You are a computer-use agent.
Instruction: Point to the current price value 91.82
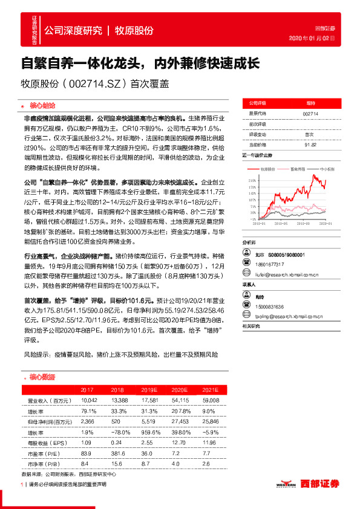coord(310,145)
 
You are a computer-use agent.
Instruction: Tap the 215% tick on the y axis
coord(251,180)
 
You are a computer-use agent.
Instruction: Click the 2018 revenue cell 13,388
coord(118,401)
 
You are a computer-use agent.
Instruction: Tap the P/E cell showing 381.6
coord(117,453)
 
